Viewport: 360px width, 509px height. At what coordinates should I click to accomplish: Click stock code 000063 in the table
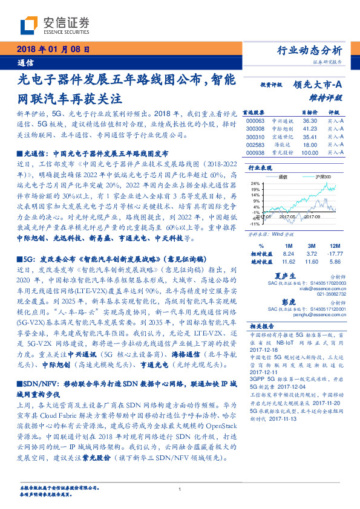256,120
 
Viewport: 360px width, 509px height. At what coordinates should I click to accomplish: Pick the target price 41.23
310,129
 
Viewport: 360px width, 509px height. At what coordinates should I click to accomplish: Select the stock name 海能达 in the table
283,145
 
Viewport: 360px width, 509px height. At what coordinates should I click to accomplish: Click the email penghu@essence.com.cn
312,315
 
